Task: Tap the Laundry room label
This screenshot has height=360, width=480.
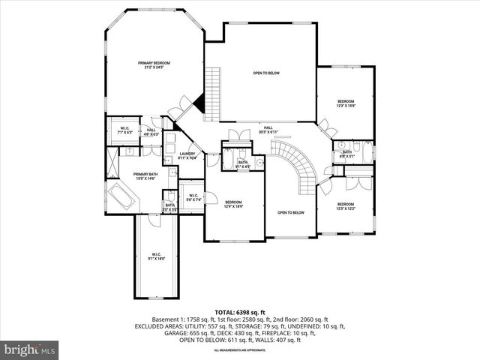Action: pyautogui.click(x=187, y=155)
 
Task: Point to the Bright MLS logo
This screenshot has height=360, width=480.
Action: pyautogui.click(x=30, y=349)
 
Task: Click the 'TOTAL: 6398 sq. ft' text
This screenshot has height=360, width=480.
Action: pyautogui.click(x=239, y=311)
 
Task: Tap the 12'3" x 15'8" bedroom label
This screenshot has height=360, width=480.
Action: pyautogui.click(x=345, y=103)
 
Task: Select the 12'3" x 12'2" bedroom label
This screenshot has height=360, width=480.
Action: pyautogui.click(x=345, y=206)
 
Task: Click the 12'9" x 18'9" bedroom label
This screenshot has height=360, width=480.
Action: pyautogui.click(x=233, y=203)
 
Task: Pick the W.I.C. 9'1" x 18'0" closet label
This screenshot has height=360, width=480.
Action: pyautogui.click(x=156, y=256)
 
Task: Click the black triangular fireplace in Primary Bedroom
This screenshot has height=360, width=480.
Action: pyautogui.click(x=199, y=106)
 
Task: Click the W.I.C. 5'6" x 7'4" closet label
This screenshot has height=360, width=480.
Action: pyautogui.click(x=193, y=197)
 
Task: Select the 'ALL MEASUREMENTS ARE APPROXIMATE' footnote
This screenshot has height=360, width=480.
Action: pyautogui.click(x=239, y=350)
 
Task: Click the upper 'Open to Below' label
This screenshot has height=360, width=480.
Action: pyautogui.click(x=266, y=73)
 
